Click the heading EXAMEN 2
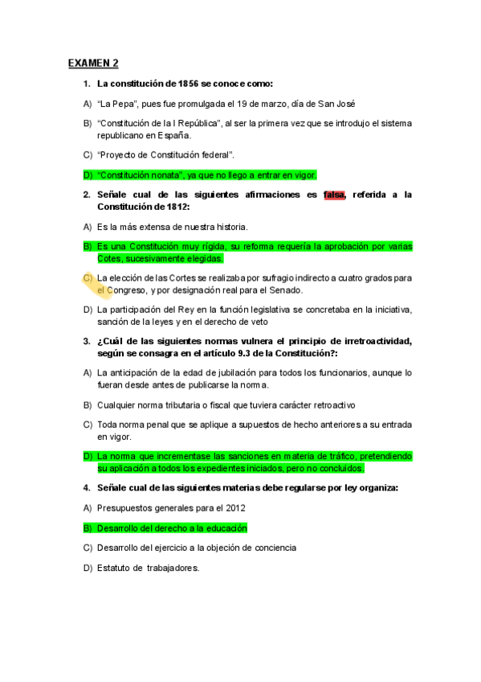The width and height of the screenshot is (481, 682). (x=93, y=63)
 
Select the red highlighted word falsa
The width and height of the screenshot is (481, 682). (x=334, y=195)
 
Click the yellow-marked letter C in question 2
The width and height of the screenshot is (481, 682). (x=88, y=278)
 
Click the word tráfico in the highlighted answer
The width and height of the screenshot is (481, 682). (x=336, y=456)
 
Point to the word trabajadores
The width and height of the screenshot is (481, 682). (x=167, y=568)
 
